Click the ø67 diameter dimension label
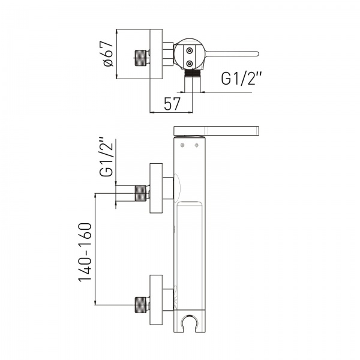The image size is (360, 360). pos(109,54)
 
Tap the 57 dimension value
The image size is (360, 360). pos(172,104)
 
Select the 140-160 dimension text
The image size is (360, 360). pos(85,252)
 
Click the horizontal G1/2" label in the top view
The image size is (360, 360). pos(241,79)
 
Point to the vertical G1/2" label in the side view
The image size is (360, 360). pos(106,157)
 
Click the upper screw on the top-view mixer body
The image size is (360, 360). pos(190,51)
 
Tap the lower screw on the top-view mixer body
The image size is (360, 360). pos(190,64)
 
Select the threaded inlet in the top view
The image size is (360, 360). pos(140,58)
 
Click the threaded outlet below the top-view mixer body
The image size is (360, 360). pos(193,73)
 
